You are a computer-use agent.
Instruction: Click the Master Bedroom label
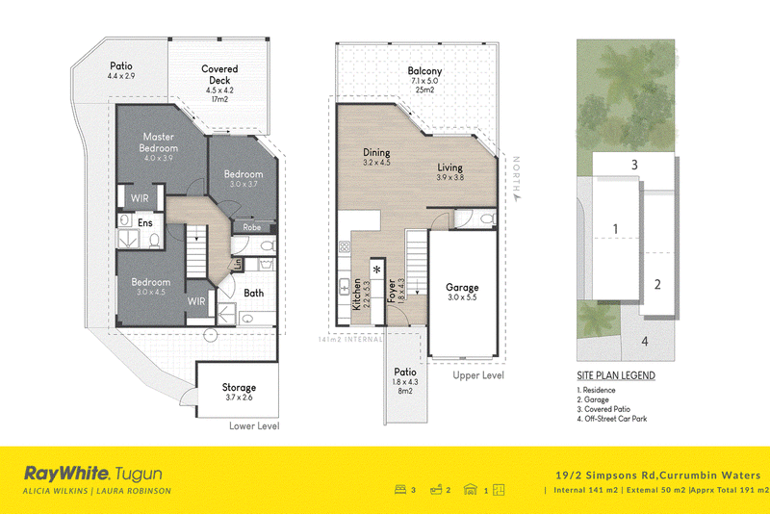158,142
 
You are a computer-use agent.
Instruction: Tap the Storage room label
239,387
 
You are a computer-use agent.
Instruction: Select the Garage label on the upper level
462,287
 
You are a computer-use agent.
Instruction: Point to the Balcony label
424,70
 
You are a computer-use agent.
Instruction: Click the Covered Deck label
219,75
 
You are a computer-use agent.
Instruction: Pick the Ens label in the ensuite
145,223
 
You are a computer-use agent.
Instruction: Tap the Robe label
252,227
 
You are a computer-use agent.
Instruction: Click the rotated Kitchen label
357,295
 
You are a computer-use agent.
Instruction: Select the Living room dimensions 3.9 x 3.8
449,178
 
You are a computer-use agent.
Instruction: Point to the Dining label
376,152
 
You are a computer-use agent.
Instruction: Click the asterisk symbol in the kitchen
377,270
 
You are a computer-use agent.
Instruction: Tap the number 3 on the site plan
634,165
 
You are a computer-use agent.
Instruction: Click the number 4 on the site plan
645,341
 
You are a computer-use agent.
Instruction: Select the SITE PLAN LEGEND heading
616,375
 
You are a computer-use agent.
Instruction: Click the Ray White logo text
66,474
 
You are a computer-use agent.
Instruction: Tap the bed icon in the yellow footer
400,489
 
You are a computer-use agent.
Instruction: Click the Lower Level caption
254,426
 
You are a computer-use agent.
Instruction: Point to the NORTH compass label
516,174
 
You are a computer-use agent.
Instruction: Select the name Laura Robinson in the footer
134,491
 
